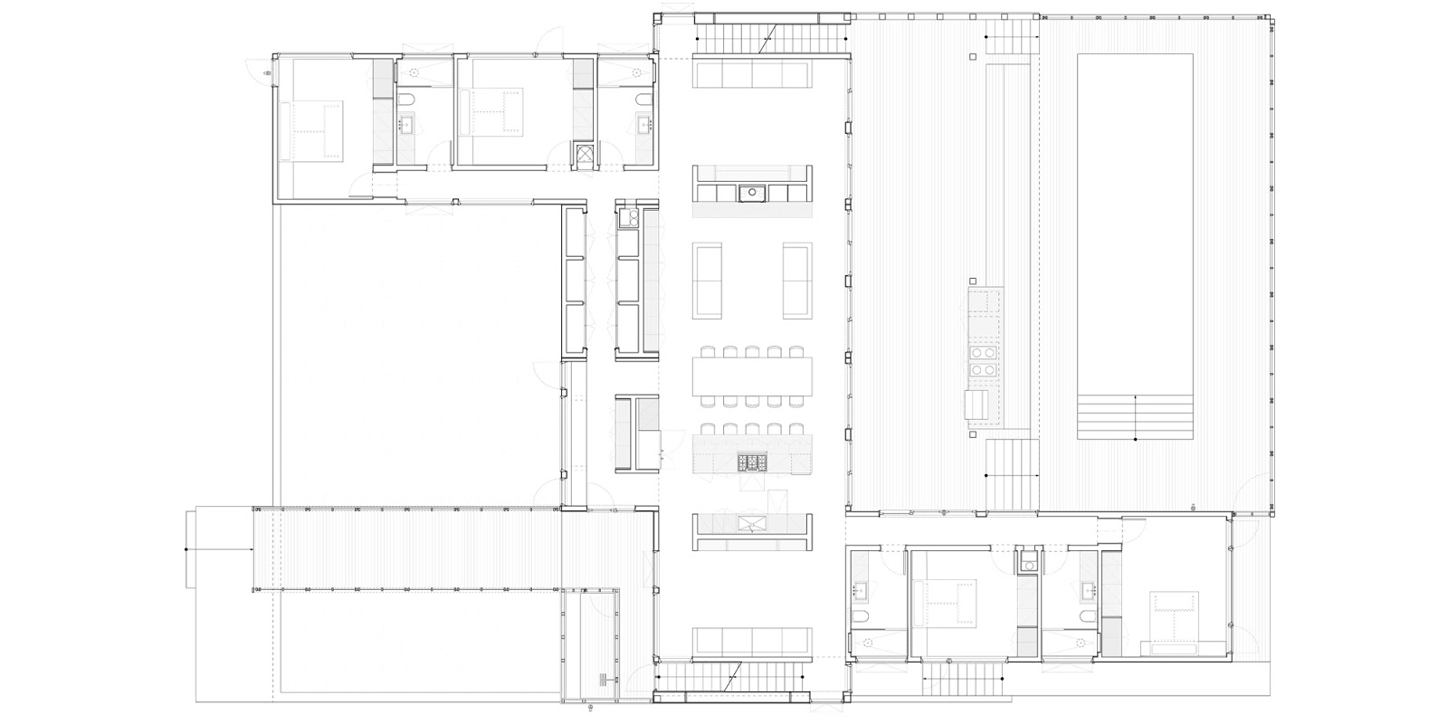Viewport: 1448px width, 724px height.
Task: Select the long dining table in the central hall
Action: pos(752,376)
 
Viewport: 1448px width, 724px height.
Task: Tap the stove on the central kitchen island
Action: pos(753,462)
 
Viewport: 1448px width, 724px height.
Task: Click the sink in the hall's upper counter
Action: pos(752,192)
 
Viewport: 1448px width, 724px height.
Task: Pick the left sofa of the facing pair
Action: pos(708,281)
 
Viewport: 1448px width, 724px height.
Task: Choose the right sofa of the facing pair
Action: pos(797,281)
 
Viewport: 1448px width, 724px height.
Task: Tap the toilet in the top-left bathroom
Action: pos(405,100)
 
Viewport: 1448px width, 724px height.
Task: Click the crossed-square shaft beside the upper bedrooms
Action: pos(585,156)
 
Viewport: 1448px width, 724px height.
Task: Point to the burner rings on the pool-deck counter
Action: pos(982,360)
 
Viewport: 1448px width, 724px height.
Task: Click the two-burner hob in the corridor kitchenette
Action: pos(627,217)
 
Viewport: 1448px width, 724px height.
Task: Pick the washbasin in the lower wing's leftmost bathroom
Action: pos(860,591)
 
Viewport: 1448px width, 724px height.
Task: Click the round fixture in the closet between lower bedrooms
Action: pos(1027,566)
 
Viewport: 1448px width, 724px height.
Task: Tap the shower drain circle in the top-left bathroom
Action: pos(415,71)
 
